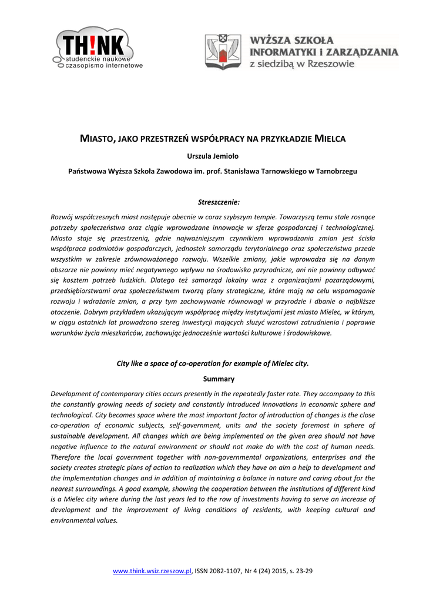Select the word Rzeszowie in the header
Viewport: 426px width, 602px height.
click(x=331, y=63)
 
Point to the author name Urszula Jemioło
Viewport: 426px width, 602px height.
click(x=213, y=156)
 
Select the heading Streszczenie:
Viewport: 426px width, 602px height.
click(x=213, y=202)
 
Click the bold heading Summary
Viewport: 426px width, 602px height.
click(x=213, y=379)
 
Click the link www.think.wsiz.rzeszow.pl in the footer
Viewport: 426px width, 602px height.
click(x=153, y=571)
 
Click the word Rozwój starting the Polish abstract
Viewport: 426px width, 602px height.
click(x=63, y=217)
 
